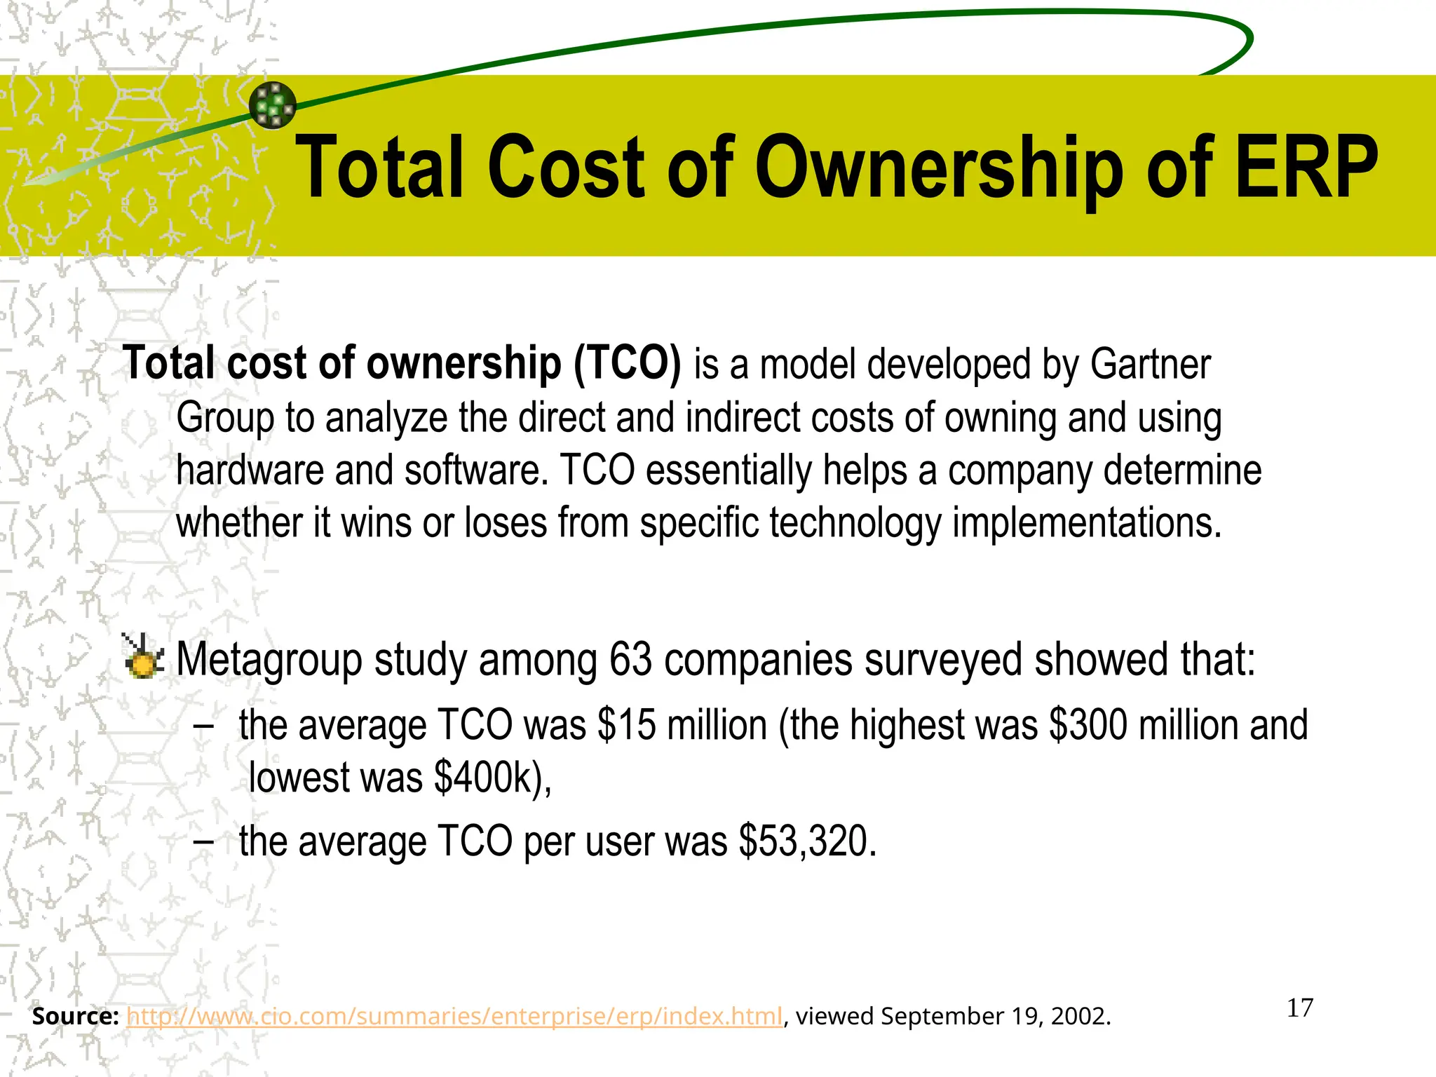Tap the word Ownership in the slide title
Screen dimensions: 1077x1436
click(x=940, y=168)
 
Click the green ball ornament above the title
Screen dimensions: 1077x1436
click(x=273, y=106)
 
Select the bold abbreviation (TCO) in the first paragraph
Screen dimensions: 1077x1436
click(x=627, y=364)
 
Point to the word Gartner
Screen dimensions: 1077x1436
click(x=1150, y=365)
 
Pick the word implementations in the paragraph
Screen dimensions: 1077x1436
click(x=1086, y=523)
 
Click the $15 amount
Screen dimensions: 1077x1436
click(x=627, y=725)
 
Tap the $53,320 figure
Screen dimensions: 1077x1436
click(x=807, y=841)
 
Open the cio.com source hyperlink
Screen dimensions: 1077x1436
click(x=454, y=1016)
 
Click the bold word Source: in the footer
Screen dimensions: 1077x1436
click(x=75, y=1016)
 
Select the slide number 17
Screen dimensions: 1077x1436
click(x=1300, y=1008)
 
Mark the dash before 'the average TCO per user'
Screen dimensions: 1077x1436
click(x=203, y=841)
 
